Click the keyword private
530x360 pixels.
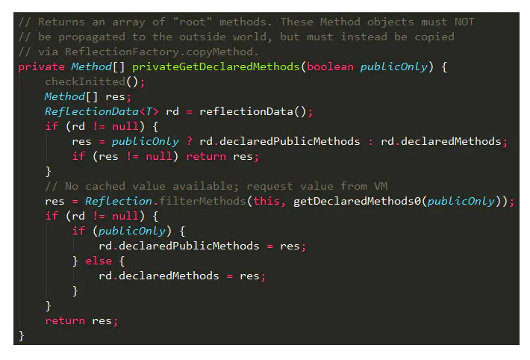coord(41,66)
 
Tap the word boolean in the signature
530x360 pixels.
coord(330,66)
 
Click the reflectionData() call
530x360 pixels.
coord(253,111)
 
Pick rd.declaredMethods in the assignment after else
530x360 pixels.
coord(159,276)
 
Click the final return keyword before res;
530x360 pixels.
coord(65,320)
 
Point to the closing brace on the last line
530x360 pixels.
coord(22,335)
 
